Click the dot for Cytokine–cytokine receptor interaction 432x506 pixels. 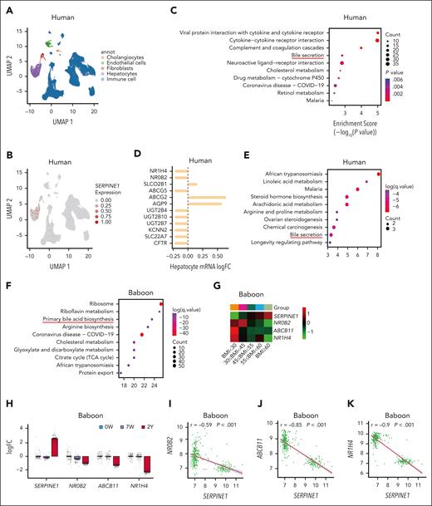click(379, 40)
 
